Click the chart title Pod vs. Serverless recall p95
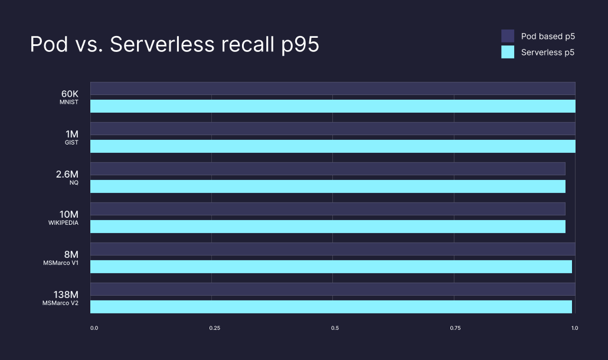[175, 45]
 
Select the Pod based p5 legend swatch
[508, 36]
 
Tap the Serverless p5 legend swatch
[508, 53]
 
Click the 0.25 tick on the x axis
[215, 328]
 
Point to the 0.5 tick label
[335, 328]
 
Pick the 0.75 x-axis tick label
[455, 328]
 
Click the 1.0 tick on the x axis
[574, 328]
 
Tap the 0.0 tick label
[94, 328]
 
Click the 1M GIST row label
[71, 138]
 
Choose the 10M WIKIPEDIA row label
[64, 218]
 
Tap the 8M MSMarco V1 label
[64, 258]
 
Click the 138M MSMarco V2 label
[61, 298]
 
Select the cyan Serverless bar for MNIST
[332, 106]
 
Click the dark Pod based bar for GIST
[332, 129]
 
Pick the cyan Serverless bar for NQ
[328, 186]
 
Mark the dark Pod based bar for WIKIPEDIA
[328, 209]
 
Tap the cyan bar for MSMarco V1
[331, 267]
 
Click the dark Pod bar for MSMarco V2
[332, 289]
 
